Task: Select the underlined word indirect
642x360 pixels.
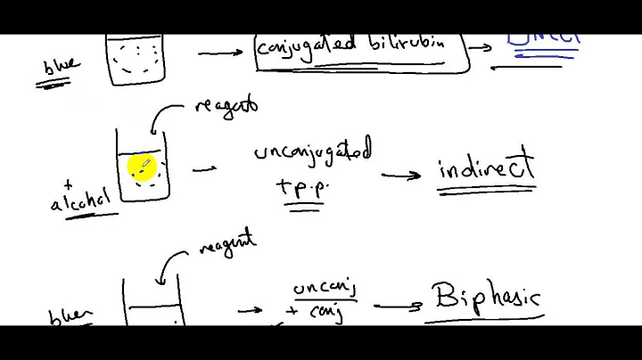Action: click(x=486, y=168)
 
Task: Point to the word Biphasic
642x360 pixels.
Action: click(x=486, y=295)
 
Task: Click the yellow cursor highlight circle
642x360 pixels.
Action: click(x=142, y=167)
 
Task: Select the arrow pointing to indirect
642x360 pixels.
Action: click(x=401, y=175)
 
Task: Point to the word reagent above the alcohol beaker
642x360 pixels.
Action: click(x=226, y=106)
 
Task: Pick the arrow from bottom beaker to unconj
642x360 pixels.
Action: click(x=251, y=310)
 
